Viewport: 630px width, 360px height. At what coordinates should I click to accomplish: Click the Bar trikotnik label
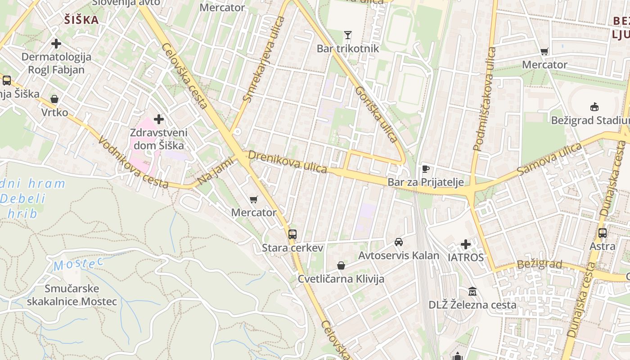point(348,49)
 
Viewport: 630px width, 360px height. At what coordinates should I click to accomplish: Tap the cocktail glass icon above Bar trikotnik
point(347,35)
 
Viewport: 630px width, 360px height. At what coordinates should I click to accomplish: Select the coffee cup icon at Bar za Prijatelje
point(426,169)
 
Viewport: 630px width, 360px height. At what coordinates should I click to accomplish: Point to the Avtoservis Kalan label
point(399,256)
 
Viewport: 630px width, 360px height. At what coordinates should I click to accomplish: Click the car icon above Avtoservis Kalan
point(399,242)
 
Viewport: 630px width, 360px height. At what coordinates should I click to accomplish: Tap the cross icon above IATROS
point(466,244)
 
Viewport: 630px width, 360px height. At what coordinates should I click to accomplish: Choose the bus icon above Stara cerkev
point(292,234)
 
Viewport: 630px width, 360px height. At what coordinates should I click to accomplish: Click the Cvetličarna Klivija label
point(341,279)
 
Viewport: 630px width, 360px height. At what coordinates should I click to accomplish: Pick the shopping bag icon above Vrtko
point(54,99)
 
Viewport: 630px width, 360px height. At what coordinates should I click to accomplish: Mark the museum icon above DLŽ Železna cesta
point(472,292)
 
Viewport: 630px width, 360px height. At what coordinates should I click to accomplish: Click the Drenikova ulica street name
point(288,162)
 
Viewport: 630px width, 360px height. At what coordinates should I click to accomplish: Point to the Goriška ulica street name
point(376,114)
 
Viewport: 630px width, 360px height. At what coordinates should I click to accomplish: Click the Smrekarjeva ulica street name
point(264,59)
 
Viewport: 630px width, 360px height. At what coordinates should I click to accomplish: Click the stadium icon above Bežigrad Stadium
point(594,107)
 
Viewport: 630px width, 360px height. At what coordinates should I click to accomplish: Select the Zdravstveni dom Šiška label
point(158,139)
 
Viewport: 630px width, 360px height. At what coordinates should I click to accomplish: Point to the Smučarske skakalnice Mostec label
point(72,295)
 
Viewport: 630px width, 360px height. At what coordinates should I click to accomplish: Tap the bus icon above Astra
point(603,233)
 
